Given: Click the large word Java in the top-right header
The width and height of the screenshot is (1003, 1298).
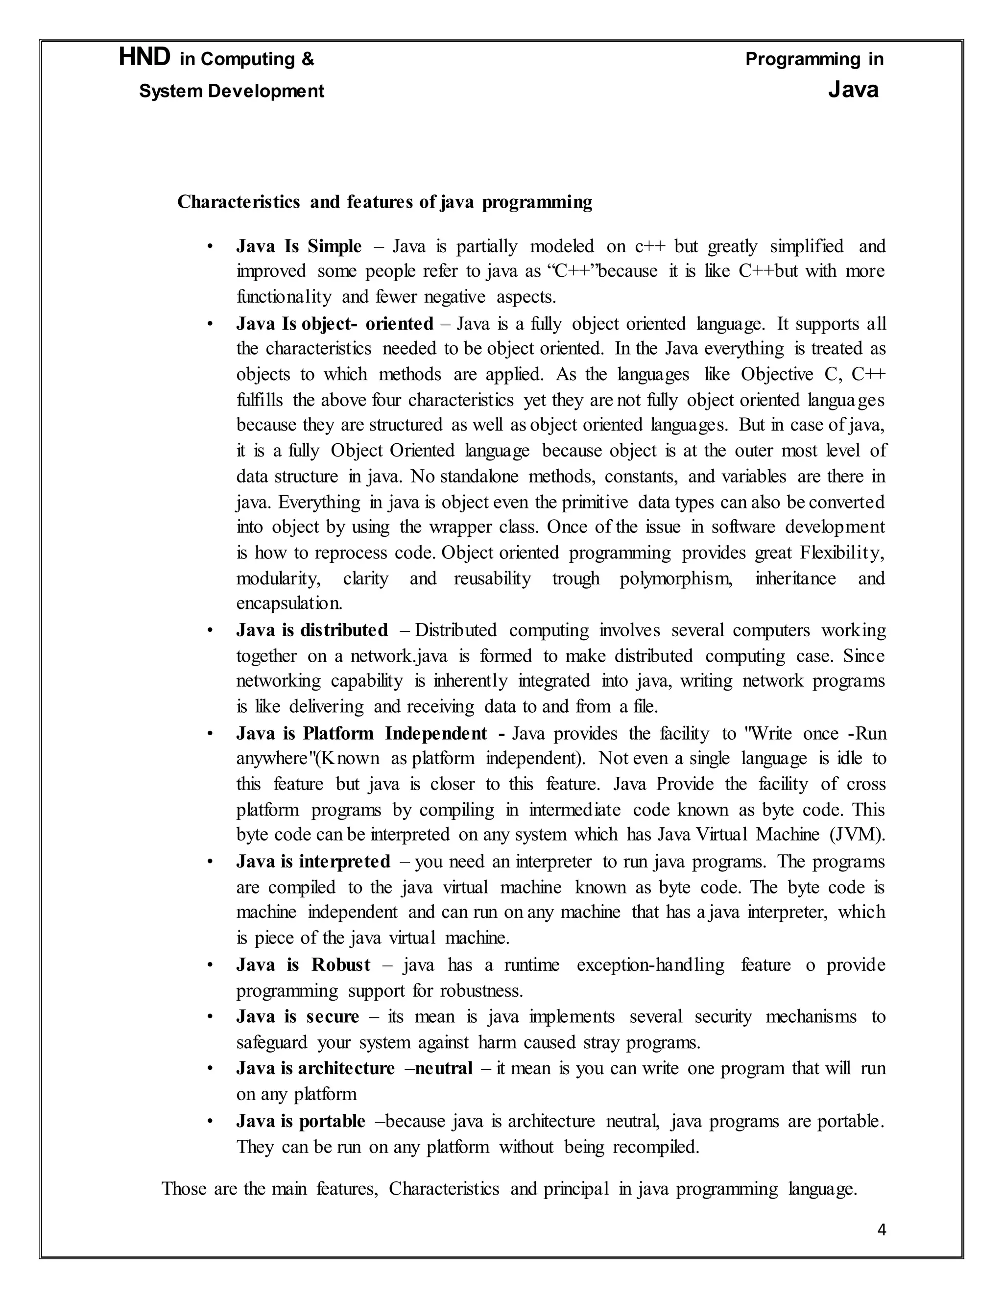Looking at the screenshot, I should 853,90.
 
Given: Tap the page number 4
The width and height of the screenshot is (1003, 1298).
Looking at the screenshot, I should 881,1229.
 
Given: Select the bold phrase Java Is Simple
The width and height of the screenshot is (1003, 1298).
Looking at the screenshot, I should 298,246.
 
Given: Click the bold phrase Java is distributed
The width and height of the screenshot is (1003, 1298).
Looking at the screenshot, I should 311,630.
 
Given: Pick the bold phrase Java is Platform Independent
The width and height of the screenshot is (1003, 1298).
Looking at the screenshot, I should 370,733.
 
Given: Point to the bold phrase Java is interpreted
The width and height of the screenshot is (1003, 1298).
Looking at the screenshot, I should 312,861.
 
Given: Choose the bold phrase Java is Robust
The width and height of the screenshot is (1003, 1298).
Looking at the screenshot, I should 303,964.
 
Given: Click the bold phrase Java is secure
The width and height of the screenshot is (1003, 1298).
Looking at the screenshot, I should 297,1016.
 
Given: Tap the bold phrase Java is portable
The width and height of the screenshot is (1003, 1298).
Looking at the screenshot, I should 300,1121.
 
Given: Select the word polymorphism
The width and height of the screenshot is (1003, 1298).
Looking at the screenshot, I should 675,579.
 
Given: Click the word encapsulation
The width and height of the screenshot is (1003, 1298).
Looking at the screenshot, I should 289,604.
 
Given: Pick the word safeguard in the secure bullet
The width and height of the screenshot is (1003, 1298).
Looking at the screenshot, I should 271,1042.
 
